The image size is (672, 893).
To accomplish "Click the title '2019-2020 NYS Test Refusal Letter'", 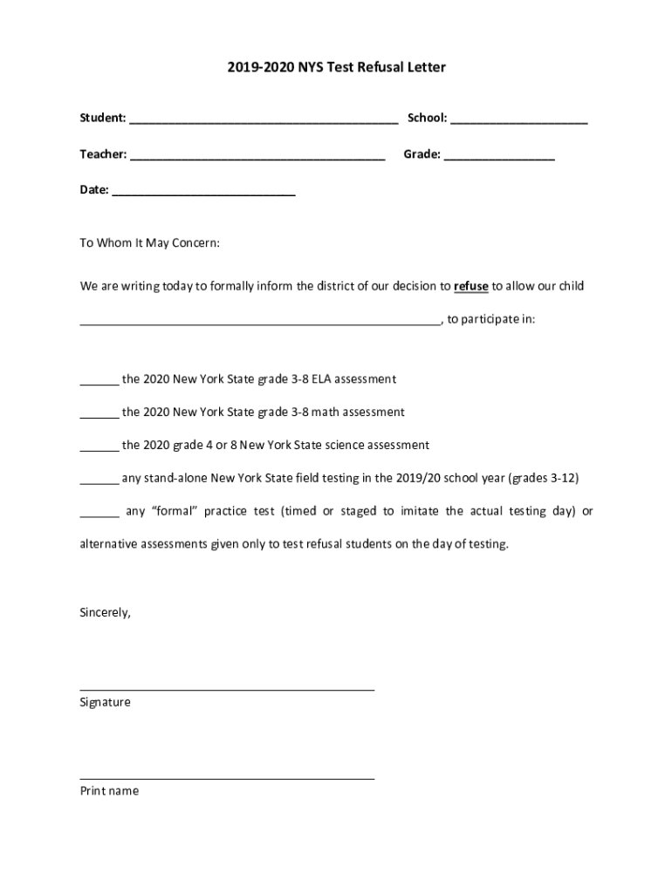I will click(336, 67).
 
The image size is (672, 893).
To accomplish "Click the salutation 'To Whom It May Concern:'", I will click(150, 243).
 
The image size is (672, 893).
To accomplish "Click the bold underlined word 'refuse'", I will click(471, 286).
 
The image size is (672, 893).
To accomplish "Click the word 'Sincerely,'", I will click(106, 612).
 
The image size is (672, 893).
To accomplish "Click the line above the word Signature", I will click(227, 689).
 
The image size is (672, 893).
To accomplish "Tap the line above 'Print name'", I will click(227, 777).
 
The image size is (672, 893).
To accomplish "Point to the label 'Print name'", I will click(109, 791).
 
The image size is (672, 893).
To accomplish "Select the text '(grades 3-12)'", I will click(543, 478).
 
